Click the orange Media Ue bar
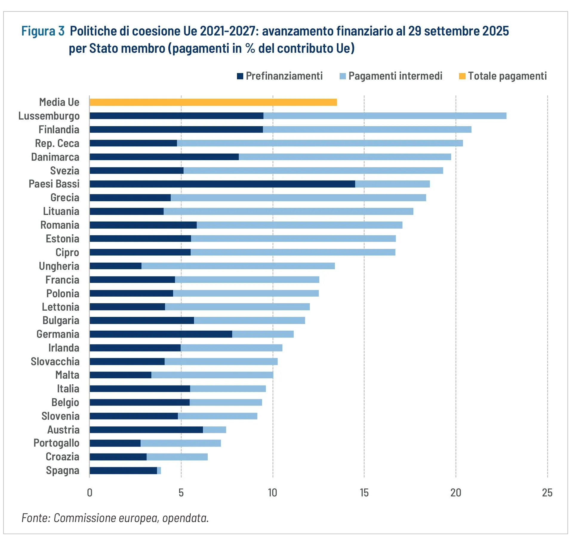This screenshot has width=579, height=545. pyautogui.click(x=213, y=102)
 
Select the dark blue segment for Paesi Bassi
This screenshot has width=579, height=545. pyautogui.click(x=222, y=184)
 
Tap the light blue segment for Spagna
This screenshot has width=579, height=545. pyautogui.click(x=159, y=470)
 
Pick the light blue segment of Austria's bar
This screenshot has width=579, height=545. pyautogui.click(x=214, y=430)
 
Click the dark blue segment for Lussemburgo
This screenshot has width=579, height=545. pyautogui.click(x=176, y=116)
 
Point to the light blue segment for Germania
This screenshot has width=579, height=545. pyautogui.click(x=263, y=334)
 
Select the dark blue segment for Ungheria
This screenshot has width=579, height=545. pyautogui.click(x=116, y=266)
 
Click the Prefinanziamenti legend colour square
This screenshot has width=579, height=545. pyautogui.click(x=240, y=76)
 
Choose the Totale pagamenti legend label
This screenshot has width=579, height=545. pyautogui.click(x=507, y=76)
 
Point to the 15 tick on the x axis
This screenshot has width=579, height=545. pyautogui.click(x=364, y=493)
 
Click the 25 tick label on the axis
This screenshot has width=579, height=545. pyautogui.click(x=547, y=493)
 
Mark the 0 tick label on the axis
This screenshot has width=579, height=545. pyautogui.click(x=90, y=493)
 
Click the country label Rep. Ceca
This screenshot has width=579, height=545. pyautogui.click(x=57, y=143)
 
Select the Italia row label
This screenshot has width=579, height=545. pyautogui.click(x=68, y=389)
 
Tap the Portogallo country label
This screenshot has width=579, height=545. pyautogui.click(x=56, y=443)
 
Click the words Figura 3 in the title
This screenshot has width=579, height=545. pyautogui.click(x=43, y=31)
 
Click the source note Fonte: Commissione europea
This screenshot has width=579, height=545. pyautogui.click(x=115, y=518)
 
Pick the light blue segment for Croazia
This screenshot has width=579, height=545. pyautogui.click(x=177, y=457)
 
